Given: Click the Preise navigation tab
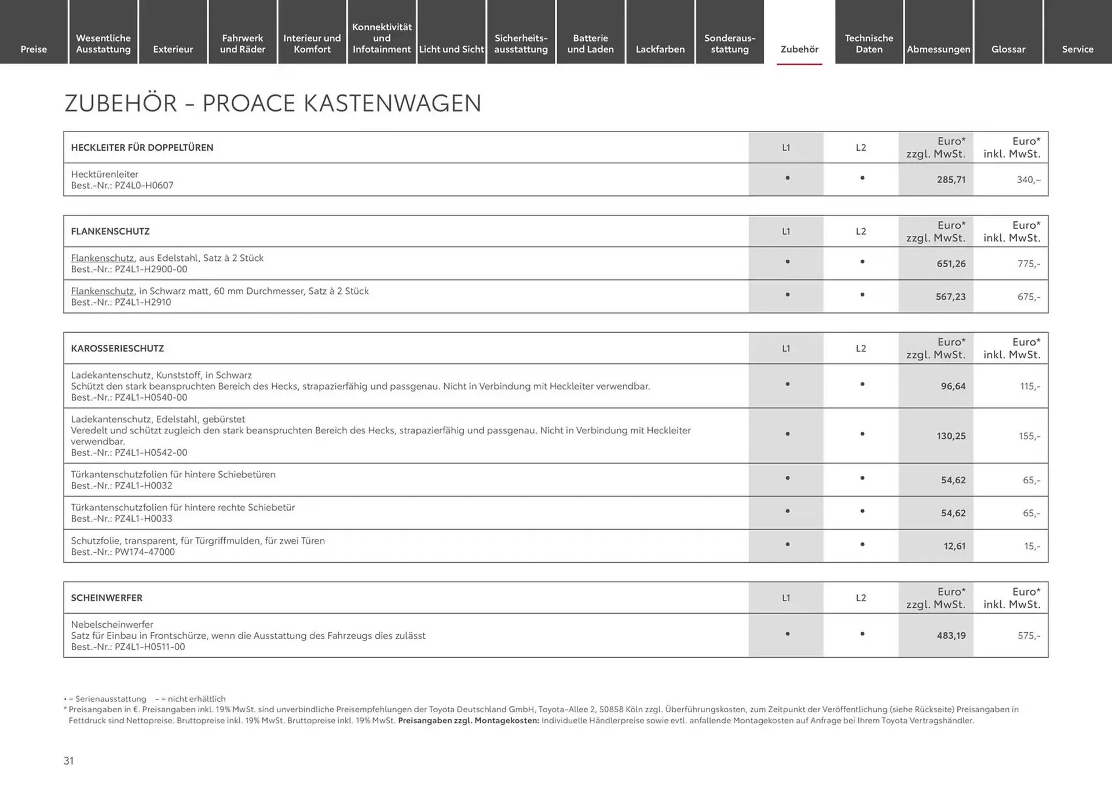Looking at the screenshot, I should point(34,49).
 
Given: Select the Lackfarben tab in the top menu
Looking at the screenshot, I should point(660,49).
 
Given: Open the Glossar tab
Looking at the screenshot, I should point(1008,49).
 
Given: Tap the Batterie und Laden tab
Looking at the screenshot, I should point(590,43).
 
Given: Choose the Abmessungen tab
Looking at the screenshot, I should point(938,49).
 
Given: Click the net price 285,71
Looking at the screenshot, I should point(951,180).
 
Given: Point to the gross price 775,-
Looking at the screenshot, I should point(1029,264).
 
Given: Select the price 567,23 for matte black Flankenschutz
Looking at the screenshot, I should point(950,297).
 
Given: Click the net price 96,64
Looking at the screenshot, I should point(953,386).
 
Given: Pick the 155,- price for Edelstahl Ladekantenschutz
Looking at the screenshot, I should point(1029,436).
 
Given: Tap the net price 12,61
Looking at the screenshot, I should point(954,546).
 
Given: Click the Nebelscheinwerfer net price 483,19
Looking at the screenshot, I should point(951,636).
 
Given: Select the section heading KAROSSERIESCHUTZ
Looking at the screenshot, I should point(117,348).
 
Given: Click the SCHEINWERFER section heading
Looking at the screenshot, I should point(107,597).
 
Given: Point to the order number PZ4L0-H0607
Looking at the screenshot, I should point(144,185).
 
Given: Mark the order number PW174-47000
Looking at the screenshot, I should point(144,552).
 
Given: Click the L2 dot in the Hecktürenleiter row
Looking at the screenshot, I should point(862,178).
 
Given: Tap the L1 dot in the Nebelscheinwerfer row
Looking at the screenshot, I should point(787,634).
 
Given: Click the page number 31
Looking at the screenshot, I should point(68,761).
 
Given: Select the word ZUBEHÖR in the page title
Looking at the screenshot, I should point(120,103).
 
